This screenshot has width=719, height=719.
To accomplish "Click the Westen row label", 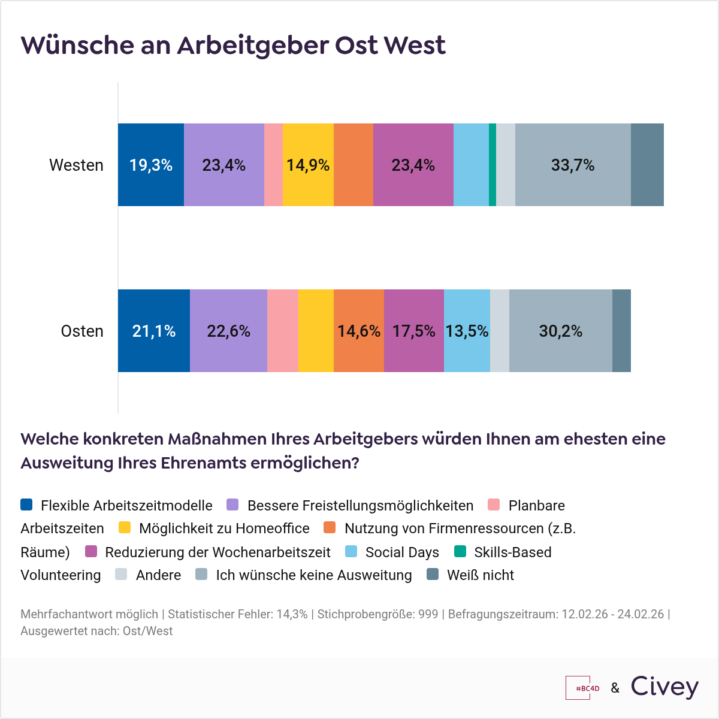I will tap(76, 165).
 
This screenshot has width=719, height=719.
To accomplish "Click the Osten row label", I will tap(82, 331).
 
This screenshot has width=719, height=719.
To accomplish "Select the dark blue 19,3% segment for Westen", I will tap(151, 165).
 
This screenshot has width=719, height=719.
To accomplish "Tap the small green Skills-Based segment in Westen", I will tap(493, 165).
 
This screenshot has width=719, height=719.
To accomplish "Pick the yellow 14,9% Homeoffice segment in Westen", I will tap(308, 165).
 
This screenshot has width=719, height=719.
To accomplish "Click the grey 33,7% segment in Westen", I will tap(573, 165).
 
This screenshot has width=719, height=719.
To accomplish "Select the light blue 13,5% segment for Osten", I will tap(467, 331).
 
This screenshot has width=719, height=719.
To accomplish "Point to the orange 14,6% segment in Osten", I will tap(358, 331).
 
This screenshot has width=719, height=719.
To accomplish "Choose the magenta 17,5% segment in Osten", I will tap(413, 331).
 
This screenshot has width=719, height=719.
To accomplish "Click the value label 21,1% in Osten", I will tap(154, 331).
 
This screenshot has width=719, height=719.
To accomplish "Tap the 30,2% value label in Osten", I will tap(561, 331).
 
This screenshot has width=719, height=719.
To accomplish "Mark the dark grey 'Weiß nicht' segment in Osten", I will tap(621, 331).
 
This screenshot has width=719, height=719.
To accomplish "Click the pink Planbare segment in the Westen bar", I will tap(273, 165).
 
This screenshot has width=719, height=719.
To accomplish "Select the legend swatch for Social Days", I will tap(352, 551).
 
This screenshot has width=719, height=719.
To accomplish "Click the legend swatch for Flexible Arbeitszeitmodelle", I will tap(26, 504).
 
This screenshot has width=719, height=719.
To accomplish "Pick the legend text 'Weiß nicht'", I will tap(481, 575).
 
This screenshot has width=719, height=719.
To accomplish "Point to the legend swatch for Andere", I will tap(122, 575).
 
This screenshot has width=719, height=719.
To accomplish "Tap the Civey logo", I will tap(664, 687).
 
